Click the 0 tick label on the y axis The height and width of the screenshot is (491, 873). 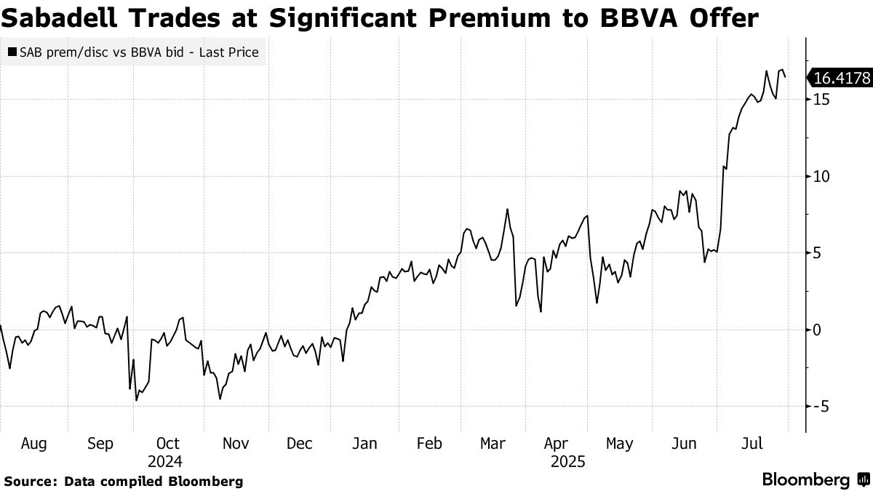click(x=818, y=330)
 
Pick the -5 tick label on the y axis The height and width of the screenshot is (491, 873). click(x=821, y=407)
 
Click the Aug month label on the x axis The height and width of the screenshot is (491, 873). click(x=34, y=443)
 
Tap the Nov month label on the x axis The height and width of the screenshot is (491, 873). click(x=235, y=443)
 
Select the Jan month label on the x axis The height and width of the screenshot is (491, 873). click(x=364, y=443)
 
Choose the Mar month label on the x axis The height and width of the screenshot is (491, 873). click(x=493, y=443)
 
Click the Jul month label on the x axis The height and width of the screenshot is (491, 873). click(x=752, y=443)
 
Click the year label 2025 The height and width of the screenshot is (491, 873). click(x=567, y=461)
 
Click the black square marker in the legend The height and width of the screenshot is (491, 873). click(x=12, y=52)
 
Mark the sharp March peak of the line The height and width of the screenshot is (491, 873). click(x=507, y=209)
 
